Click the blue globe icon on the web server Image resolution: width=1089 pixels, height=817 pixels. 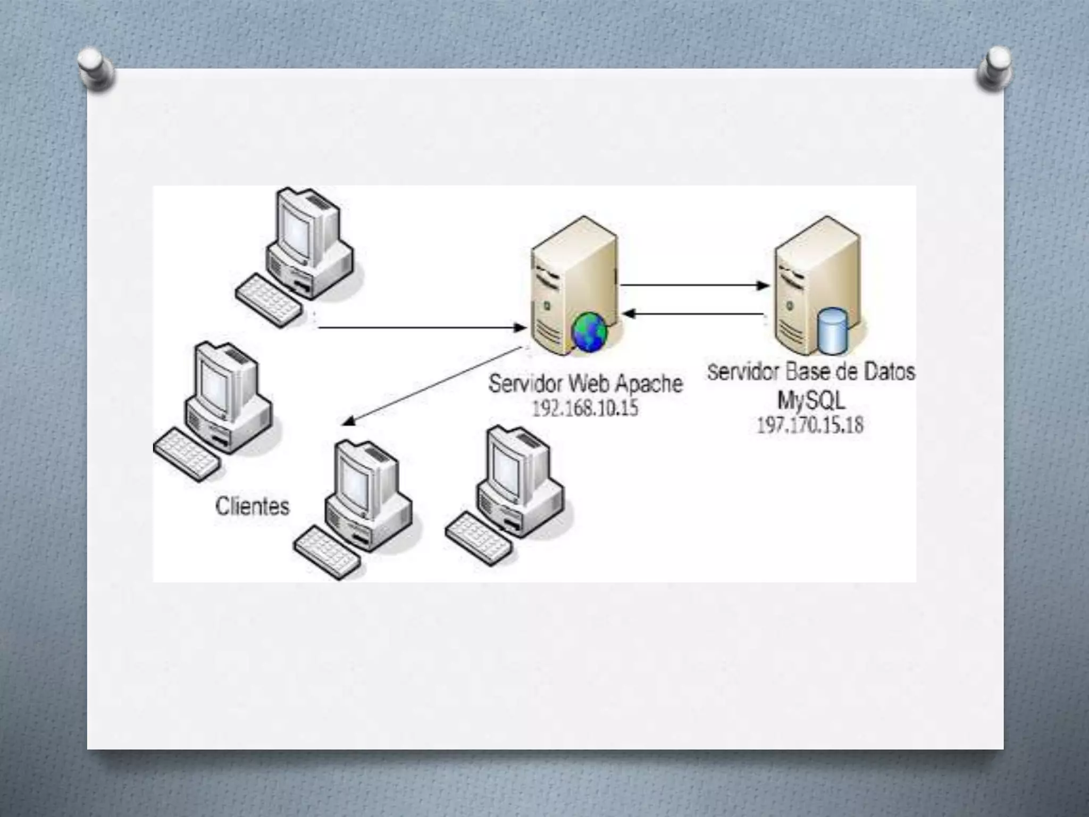pyautogui.click(x=589, y=332)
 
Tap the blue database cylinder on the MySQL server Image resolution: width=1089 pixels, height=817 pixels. pyautogui.click(x=832, y=331)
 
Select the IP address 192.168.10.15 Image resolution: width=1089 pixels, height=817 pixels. pyautogui.click(x=585, y=408)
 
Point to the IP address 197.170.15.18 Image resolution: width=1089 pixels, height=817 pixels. pyautogui.click(x=810, y=425)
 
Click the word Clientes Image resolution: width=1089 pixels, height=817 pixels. pyautogui.click(x=253, y=506)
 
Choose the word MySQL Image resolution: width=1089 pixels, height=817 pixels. pyautogui.click(x=811, y=400)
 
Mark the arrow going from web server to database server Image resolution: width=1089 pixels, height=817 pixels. pyautogui.click(x=694, y=286)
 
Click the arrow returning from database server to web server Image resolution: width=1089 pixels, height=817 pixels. pyautogui.click(x=694, y=314)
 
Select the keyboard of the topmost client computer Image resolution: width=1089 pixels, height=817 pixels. pyautogui.click(x=269, y=300)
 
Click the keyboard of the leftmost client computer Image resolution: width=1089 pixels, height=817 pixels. pyautogui.click(x=186, y=455)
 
